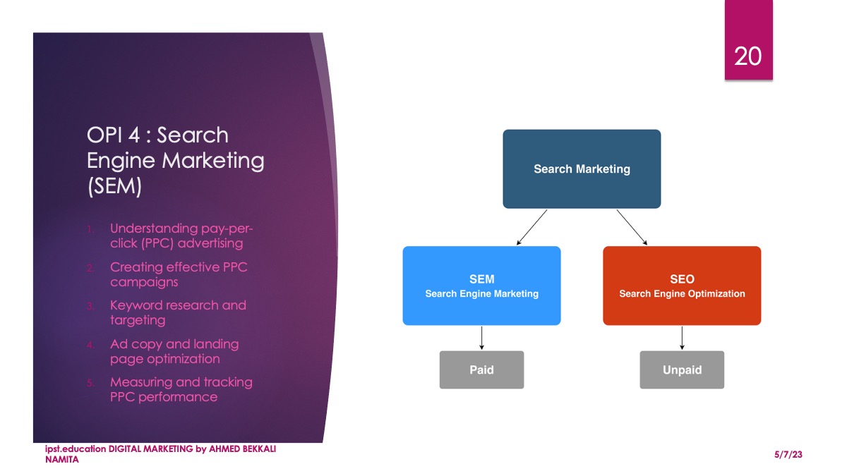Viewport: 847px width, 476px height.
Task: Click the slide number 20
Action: tap(747, 56)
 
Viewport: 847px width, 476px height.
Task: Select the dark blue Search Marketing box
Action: tap(582, 169)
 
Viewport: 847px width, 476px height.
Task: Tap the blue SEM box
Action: tap(481, 286)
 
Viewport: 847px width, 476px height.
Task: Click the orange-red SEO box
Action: tap(682, 286)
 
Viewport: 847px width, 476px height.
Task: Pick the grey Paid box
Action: tap(481, 370)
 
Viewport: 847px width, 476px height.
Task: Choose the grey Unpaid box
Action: tap(682, 370)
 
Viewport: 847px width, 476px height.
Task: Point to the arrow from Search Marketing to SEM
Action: tap(531, 227)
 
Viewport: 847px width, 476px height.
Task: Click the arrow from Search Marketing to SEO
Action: tap(632, 227)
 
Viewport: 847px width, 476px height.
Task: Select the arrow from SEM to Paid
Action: tap(481, 338)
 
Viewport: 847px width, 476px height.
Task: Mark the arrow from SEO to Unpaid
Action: tap(682, 338)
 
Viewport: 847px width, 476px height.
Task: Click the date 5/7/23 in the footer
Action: tap(788, 454)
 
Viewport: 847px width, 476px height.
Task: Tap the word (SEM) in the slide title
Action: tap(114, 186)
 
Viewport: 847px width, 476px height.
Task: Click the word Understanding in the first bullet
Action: tap(154, 229)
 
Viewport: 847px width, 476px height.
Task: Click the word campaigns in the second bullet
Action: tap(144, 283)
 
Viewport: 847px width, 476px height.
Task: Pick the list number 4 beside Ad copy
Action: tap(90, 345)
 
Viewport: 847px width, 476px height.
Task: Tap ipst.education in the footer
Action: tap(76, 449)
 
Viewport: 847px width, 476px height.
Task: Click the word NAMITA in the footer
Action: tap(62, 460)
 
